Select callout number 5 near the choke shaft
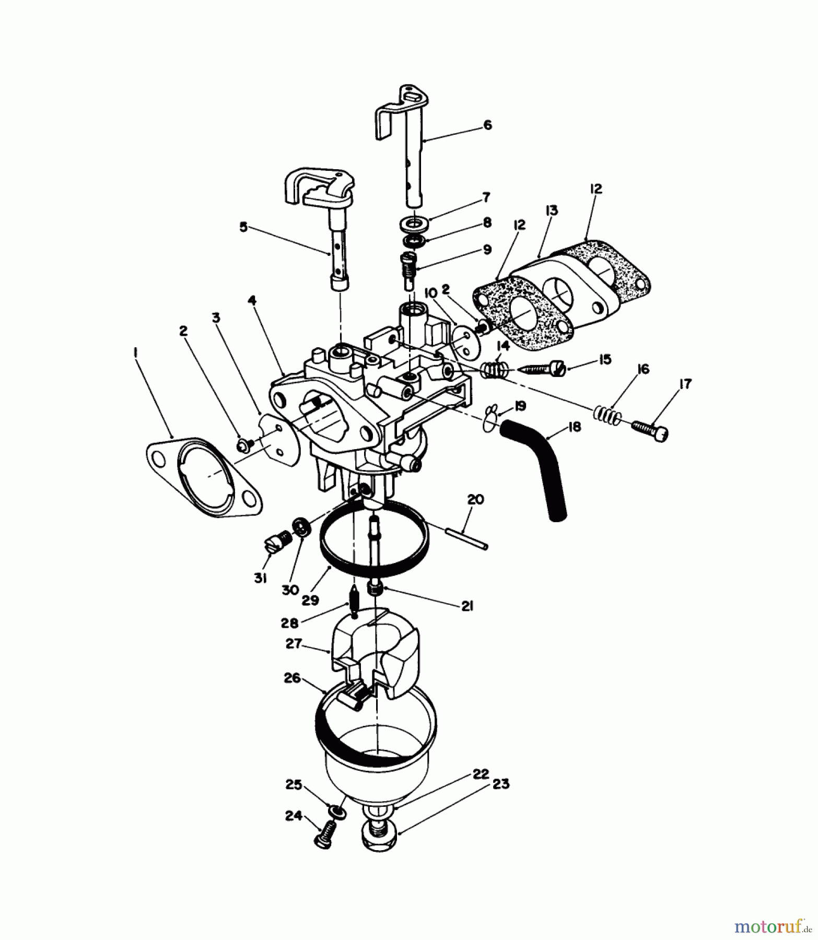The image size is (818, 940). [x=243, y=228]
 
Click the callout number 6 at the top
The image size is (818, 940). [x=487, y=125]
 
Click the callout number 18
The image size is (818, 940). [x=573, y=427]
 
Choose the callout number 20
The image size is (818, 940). [x=475, y=500]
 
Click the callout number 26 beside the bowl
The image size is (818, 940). [x=293, y=678]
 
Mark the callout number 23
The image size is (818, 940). [x=500, y=785]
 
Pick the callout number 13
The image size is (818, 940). [x=551, y=211]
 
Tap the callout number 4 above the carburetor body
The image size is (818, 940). [x=252, y=300]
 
